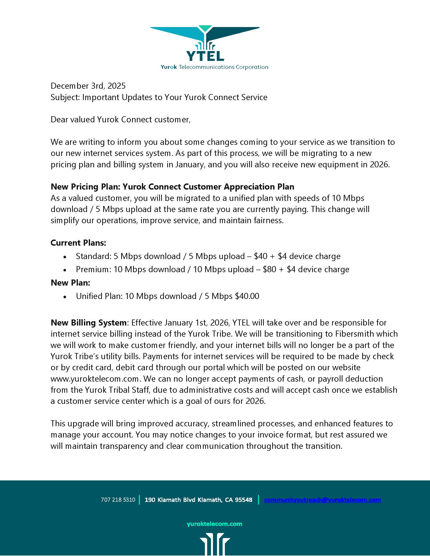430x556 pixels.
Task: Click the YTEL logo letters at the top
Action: pyautogui.click(x=205, y=56)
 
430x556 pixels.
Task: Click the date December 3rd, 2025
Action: pyautogui.click(x=88, y=86)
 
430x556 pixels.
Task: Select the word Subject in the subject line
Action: pyautogui.click(x=65, y=98)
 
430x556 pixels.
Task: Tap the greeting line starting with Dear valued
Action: pyautogui.click(x=120, y=120)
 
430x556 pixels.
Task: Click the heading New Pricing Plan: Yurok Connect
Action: pyautogui.click(x=172, y=187)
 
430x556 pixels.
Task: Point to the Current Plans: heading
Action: pyautogui.click(x=78, y=243)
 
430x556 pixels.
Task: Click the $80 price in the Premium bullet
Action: pyautogui.click(x=270, y=270)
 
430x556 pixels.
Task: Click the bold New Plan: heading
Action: pyautogui.click(x=70, y=283)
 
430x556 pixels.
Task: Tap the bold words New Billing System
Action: pyautogui.click(x=88, y=323)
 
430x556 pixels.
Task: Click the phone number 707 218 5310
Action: pyautogui.click(x=118, y=500)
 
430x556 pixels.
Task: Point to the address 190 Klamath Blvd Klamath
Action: pyautogui.click(x=199, y=500)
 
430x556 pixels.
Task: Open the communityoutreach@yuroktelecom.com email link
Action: pyautogui.click(x=322, y=500)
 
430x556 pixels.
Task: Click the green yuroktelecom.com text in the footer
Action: pyautogui.click(x=214, y=524)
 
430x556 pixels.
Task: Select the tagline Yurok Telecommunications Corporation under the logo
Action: pyautogui.click(x=214, y=67)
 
